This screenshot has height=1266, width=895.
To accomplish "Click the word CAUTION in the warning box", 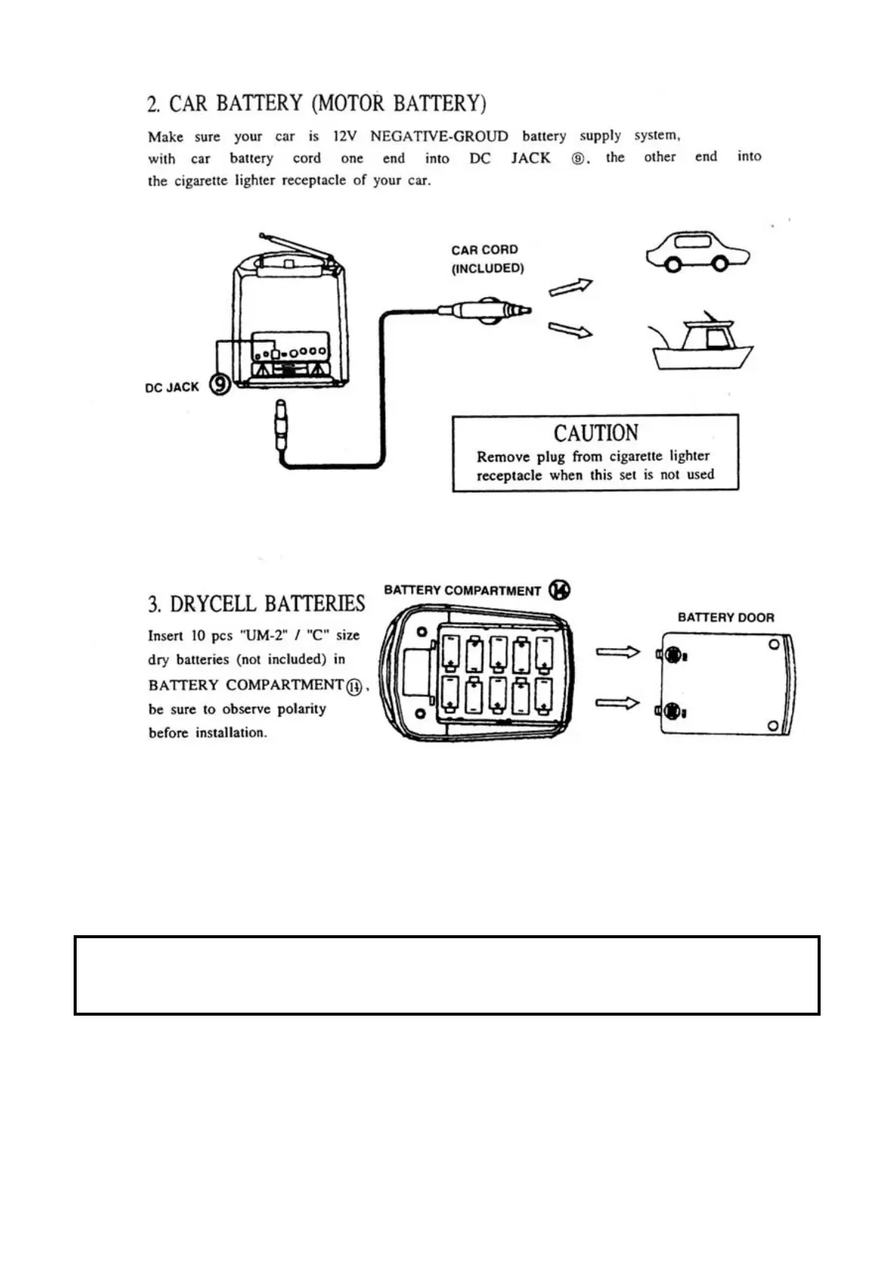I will pos(596,434).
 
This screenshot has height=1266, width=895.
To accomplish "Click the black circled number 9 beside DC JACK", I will pos(219,386).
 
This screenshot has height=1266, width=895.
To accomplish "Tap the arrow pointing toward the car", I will pos(570,286).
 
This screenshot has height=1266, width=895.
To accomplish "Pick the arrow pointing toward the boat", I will pos(570,329).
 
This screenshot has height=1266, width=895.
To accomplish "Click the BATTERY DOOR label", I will pos(725,617).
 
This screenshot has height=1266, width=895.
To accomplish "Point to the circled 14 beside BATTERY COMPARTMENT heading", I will pos(559,590).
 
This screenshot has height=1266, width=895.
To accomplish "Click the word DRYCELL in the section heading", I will pos(214,604).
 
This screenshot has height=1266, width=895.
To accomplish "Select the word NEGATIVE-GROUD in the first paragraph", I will pos(439,136).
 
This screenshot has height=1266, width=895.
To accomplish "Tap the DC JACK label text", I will pos(172,387).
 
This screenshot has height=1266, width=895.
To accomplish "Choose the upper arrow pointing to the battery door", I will pos(617,652).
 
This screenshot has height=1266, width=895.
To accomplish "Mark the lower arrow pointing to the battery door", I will pos(617,703).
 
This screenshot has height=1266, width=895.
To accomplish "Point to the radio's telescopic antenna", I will pos(297,249).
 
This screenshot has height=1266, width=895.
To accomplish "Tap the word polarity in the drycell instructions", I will pos(301,709).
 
